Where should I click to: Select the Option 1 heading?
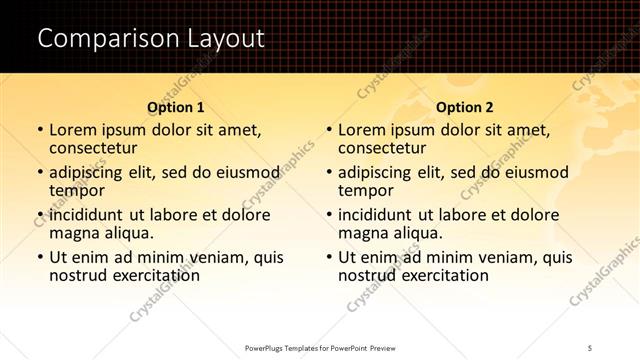pos(176,107)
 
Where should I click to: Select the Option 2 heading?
pos(465,107)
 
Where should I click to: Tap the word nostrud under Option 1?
pos(78,275)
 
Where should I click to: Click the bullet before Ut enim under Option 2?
pos(328,257)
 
